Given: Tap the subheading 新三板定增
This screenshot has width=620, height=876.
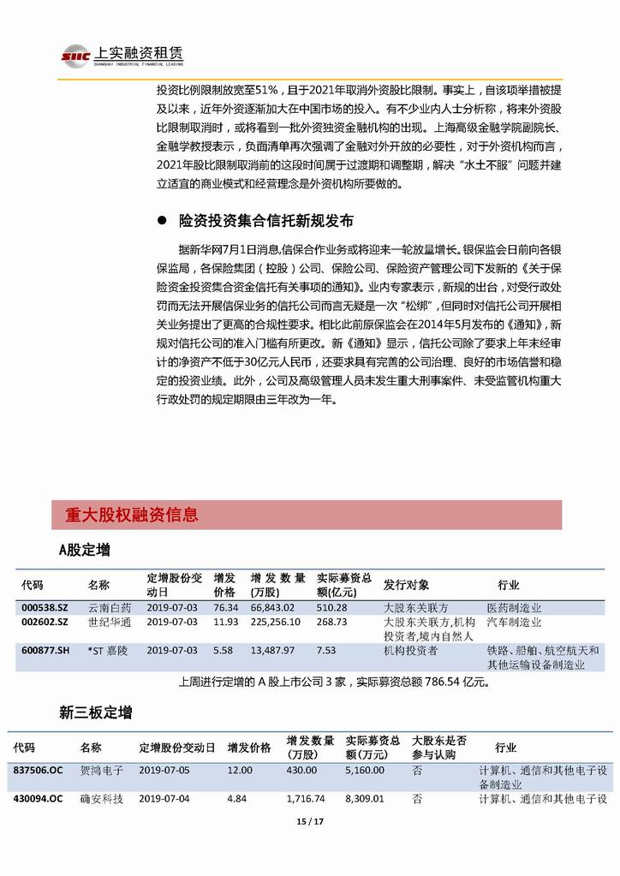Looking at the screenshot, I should (x=96, y=712).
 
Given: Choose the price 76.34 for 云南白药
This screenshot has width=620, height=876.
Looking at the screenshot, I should (x=225, y=608).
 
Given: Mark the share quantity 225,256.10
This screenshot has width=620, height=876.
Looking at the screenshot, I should (x=276, y=623).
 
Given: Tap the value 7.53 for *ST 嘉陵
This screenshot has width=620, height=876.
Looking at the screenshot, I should (x=325, y=651).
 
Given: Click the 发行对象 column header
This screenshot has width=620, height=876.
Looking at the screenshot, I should (x=407, y=585).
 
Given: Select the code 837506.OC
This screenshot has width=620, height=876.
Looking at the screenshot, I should (x=38, y=771).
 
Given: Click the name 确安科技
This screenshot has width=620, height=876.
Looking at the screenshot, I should (x=102, y=799).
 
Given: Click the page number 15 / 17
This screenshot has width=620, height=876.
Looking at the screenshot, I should (x=309, y=822).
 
